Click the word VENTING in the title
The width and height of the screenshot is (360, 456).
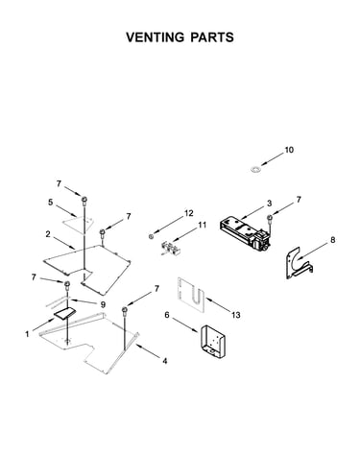click(155, 37)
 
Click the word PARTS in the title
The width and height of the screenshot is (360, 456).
click(212, 37)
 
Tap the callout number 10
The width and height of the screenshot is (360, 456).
click(289, 150)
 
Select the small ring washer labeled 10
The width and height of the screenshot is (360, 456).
click(255, 168)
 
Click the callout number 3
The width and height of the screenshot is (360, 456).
click(269, 203)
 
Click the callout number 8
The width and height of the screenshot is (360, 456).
click(333, 239)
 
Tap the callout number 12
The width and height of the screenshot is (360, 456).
click(189, 213)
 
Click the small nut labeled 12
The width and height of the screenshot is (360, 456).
click(151, 236)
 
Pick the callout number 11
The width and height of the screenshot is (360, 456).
click(202, 225)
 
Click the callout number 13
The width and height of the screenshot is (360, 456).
click(236, 315)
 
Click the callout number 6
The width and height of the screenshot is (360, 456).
click(167, 315)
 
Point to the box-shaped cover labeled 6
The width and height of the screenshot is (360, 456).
click(212, 341)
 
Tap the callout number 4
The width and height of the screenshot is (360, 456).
click(164, 361)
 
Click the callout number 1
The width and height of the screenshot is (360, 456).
click(27, 334)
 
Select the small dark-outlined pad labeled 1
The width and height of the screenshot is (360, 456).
click(65, 313)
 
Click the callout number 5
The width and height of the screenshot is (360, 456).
click(50, 203)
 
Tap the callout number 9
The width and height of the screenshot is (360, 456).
click(103, 303)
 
